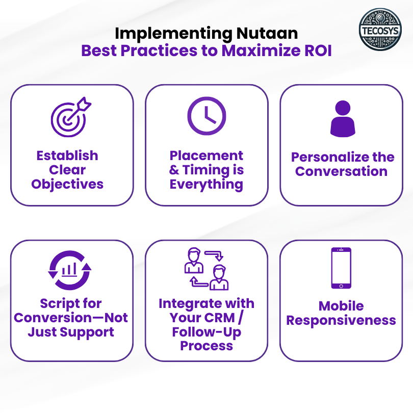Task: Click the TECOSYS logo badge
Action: (x=380, y=30)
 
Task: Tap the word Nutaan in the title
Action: (x=267, y=34)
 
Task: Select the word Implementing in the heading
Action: (x=173, y=34)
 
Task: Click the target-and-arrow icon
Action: (x=71, y=117)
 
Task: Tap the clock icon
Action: (x=206, y=116)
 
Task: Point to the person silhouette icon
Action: (x=343, y=119)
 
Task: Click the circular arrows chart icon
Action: (x=70, y=271)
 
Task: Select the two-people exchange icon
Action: (x=206, y=269)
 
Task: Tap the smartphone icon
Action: (x=341, y=268)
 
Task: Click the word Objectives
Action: (x=67, y=185)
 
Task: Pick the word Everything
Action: (x=206, y=185)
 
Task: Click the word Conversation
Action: (x=341, y=171)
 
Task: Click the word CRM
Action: (x=221, y=318)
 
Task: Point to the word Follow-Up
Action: (x=206, y=332)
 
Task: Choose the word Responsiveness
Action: (x=341, y=321)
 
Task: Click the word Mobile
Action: (x=341, y=306)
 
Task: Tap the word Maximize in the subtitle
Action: (x=261, y=50)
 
